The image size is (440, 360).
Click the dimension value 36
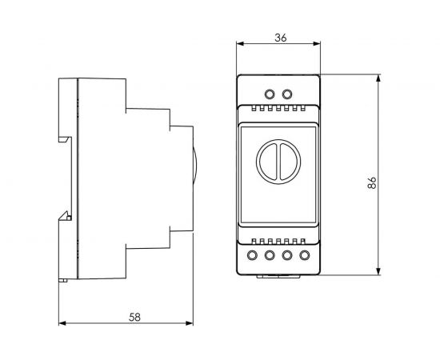[x=279, y=37]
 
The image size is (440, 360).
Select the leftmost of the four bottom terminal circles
[x=254, y=256]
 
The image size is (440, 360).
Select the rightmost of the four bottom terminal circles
[x=304, y=256]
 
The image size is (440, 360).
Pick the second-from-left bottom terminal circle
[x=270, y=256]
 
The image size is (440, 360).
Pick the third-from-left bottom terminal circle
[x=287, y=256]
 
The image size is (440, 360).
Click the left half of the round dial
[x=268, y=164]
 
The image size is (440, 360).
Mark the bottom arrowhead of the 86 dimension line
[x=377, y=274]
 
